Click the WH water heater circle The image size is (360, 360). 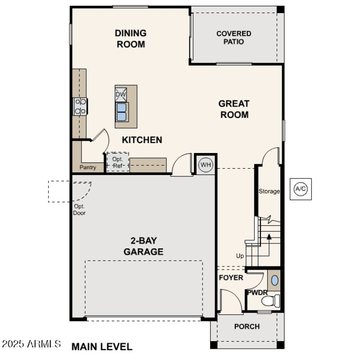(206, 165)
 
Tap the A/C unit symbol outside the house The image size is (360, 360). (301, 189)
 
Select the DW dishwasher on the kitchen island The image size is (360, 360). (121, 94)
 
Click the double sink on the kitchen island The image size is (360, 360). (121, 112)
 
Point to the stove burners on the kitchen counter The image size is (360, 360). (81, 106)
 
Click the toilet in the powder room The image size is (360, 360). (271, 300)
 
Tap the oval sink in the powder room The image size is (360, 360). (274, 281)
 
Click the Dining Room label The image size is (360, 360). (130, 39)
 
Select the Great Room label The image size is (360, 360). (234, 109)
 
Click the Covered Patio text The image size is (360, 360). (234, 37)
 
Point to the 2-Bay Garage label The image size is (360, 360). (144, 247)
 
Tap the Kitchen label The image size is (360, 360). (142, 140)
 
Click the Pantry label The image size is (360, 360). (88, 167)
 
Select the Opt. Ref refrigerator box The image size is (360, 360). (117, 162)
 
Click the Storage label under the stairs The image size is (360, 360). (269, 191)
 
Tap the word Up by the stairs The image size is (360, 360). (240, 256)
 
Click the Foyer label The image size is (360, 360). (231, 278)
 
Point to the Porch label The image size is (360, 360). (247, 326)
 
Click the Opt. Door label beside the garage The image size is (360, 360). (80, 210)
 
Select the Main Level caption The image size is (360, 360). (102, 346)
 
